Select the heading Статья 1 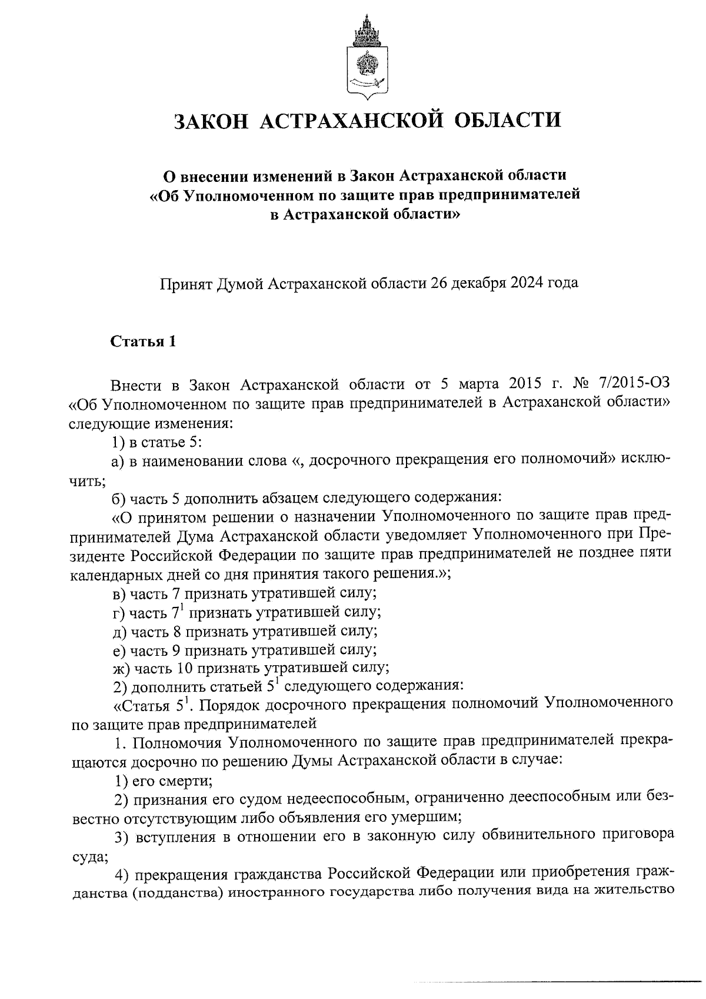coord(144,341)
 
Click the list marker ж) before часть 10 coord(121,668)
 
